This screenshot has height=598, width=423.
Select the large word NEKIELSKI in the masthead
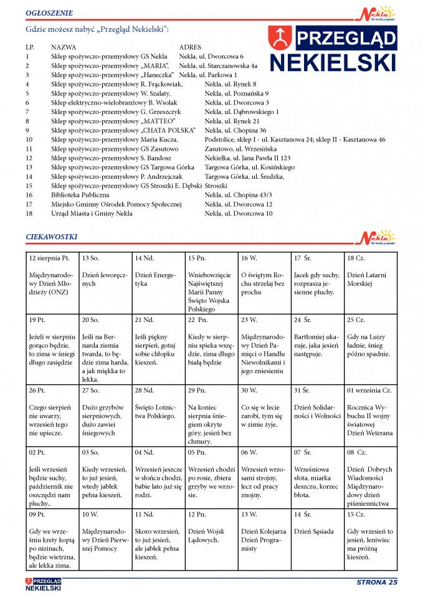(333, 63)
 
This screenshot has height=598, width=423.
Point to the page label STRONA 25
(376, 582)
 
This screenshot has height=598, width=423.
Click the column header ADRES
(190, 47)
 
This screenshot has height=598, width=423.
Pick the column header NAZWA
(64, 47)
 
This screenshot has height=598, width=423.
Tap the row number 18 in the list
(29, 214)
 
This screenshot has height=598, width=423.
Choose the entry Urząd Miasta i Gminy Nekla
(92, 214)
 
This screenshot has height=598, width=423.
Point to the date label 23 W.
(249, 320)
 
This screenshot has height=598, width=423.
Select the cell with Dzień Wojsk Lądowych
(211, 535)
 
